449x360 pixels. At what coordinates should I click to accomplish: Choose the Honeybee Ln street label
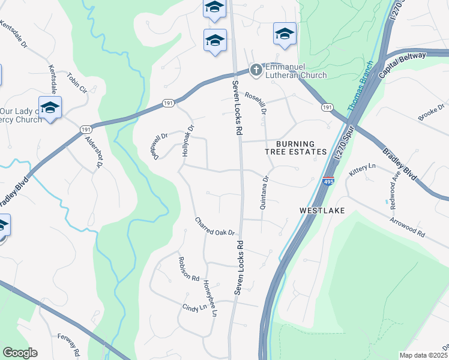point(210,298)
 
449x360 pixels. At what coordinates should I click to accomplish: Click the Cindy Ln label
point(194,307)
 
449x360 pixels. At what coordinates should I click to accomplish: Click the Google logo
point(20,353)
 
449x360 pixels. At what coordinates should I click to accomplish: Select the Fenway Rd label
point(68,345)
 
